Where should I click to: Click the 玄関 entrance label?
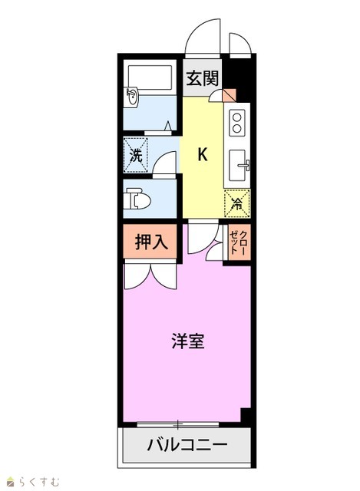pos(202,78)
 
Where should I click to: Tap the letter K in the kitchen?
pos(203,154)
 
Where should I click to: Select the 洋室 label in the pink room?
pos(188,341)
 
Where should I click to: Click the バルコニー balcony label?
pos(187,445)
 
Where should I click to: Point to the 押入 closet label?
pos(151,242)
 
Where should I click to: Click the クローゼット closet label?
pos(239,242)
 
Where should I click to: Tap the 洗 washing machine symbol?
pos(136,155)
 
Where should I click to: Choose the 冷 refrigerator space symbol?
pos(237,203)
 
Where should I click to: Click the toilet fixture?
pos(137,199)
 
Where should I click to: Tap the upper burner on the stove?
pos(237,117)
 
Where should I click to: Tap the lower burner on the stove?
pos(237,128)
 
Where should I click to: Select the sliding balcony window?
pos(177,425)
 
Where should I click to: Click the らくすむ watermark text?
pos(39,481)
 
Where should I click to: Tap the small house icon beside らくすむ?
pos(12,481)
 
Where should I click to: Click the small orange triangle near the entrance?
pos(230,95)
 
